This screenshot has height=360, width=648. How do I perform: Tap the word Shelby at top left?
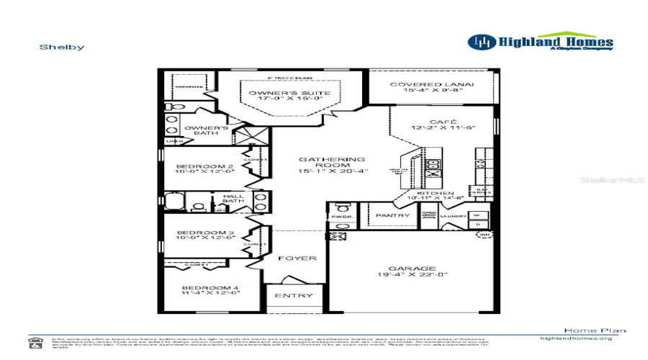[x=62, y=48]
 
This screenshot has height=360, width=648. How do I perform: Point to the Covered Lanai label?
[x=432, y=88]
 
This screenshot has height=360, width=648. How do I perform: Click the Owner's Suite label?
[x=280, y=97]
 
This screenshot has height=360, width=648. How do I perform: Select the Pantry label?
[x=393, y=215]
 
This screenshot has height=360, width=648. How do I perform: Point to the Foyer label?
[x=297, y=258]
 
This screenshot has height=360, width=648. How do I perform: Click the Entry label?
[x=294, y=296]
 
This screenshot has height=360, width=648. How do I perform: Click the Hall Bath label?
[x=233, y=199]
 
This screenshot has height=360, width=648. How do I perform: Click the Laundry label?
[x=454, y=216]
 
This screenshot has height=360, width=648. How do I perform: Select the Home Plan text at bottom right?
[x=585, y=330]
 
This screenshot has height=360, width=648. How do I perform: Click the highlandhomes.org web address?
[x=576, y=338]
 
